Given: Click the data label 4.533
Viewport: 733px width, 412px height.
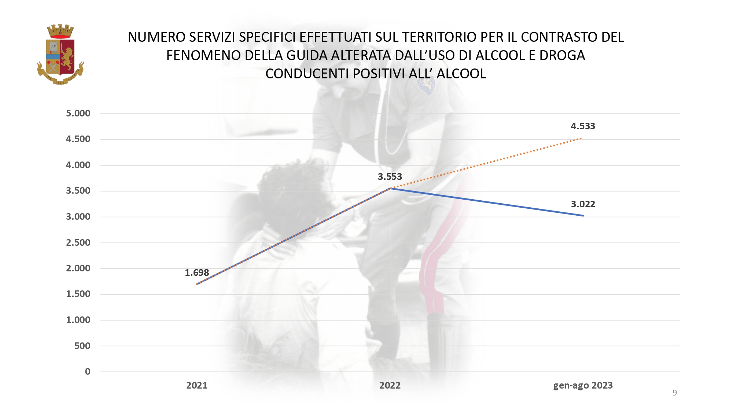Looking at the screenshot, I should pos(583,126).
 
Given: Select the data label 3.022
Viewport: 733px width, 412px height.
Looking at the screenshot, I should pos(583,204).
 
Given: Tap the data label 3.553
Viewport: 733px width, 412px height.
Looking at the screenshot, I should pos(390,177).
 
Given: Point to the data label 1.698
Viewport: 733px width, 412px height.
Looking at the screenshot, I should pos(197,273).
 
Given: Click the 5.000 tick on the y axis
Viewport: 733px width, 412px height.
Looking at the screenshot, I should pos(78,114).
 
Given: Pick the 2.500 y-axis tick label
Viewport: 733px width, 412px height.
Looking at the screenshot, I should pos(78,243).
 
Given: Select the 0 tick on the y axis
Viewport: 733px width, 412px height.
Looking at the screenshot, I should pos(88,372).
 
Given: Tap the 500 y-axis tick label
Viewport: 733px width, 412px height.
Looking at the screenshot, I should pos(82,346).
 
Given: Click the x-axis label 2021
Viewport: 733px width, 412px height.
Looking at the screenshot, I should pos(197,386).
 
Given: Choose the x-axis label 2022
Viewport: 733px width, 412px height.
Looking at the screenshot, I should pos(390,386).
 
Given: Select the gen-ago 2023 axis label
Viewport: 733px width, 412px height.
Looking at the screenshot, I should pos(583,386).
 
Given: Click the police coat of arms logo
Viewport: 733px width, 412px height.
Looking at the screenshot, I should pos(60,55).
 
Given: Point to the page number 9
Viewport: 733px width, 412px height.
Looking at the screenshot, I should pos(675,393).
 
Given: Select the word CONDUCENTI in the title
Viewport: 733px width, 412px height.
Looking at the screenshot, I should pos(307,74).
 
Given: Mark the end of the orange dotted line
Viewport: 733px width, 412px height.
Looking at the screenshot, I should pos(581,138).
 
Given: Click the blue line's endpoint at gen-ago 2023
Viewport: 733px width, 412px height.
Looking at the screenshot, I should pos(583,216).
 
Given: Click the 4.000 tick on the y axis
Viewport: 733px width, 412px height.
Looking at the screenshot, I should pos(78,165).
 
